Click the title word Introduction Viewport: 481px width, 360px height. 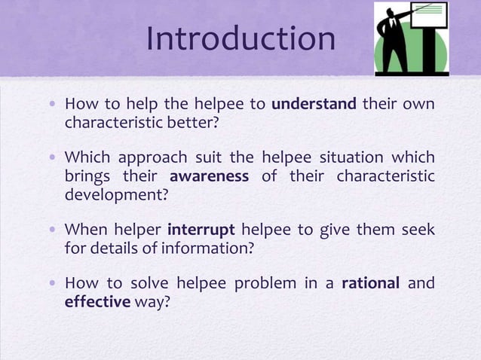240,39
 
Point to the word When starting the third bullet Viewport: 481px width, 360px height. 85,230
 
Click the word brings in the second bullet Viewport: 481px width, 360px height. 87,176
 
